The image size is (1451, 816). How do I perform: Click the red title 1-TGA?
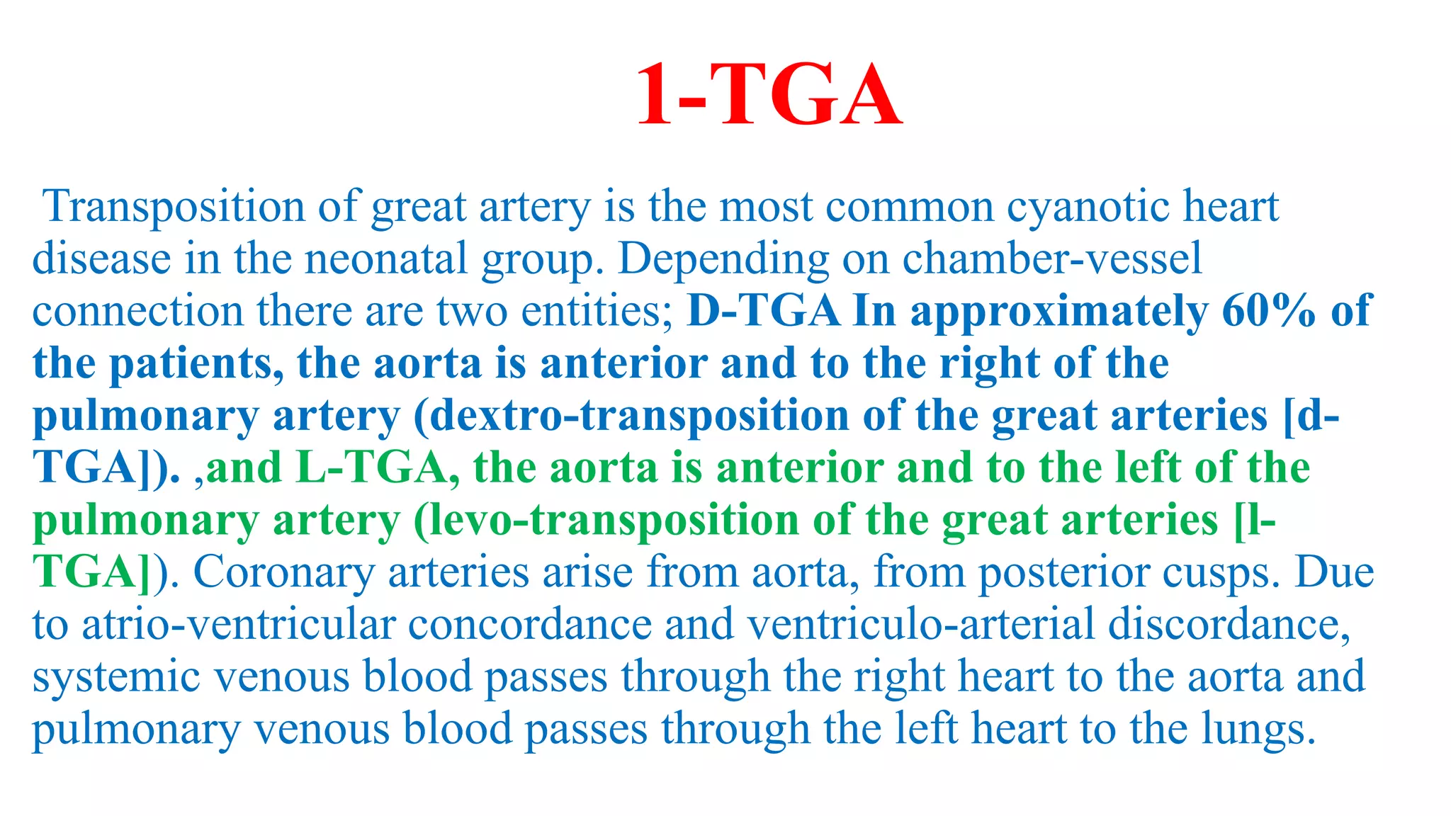pos(769,94)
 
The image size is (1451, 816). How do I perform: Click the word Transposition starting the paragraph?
pos(174,207)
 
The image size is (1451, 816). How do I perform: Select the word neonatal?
pos(386,259)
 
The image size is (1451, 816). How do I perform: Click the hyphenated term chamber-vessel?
pos(1051,259)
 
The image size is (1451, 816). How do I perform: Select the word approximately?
pos(1059,312)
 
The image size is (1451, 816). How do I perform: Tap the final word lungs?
pos(1258,730)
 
